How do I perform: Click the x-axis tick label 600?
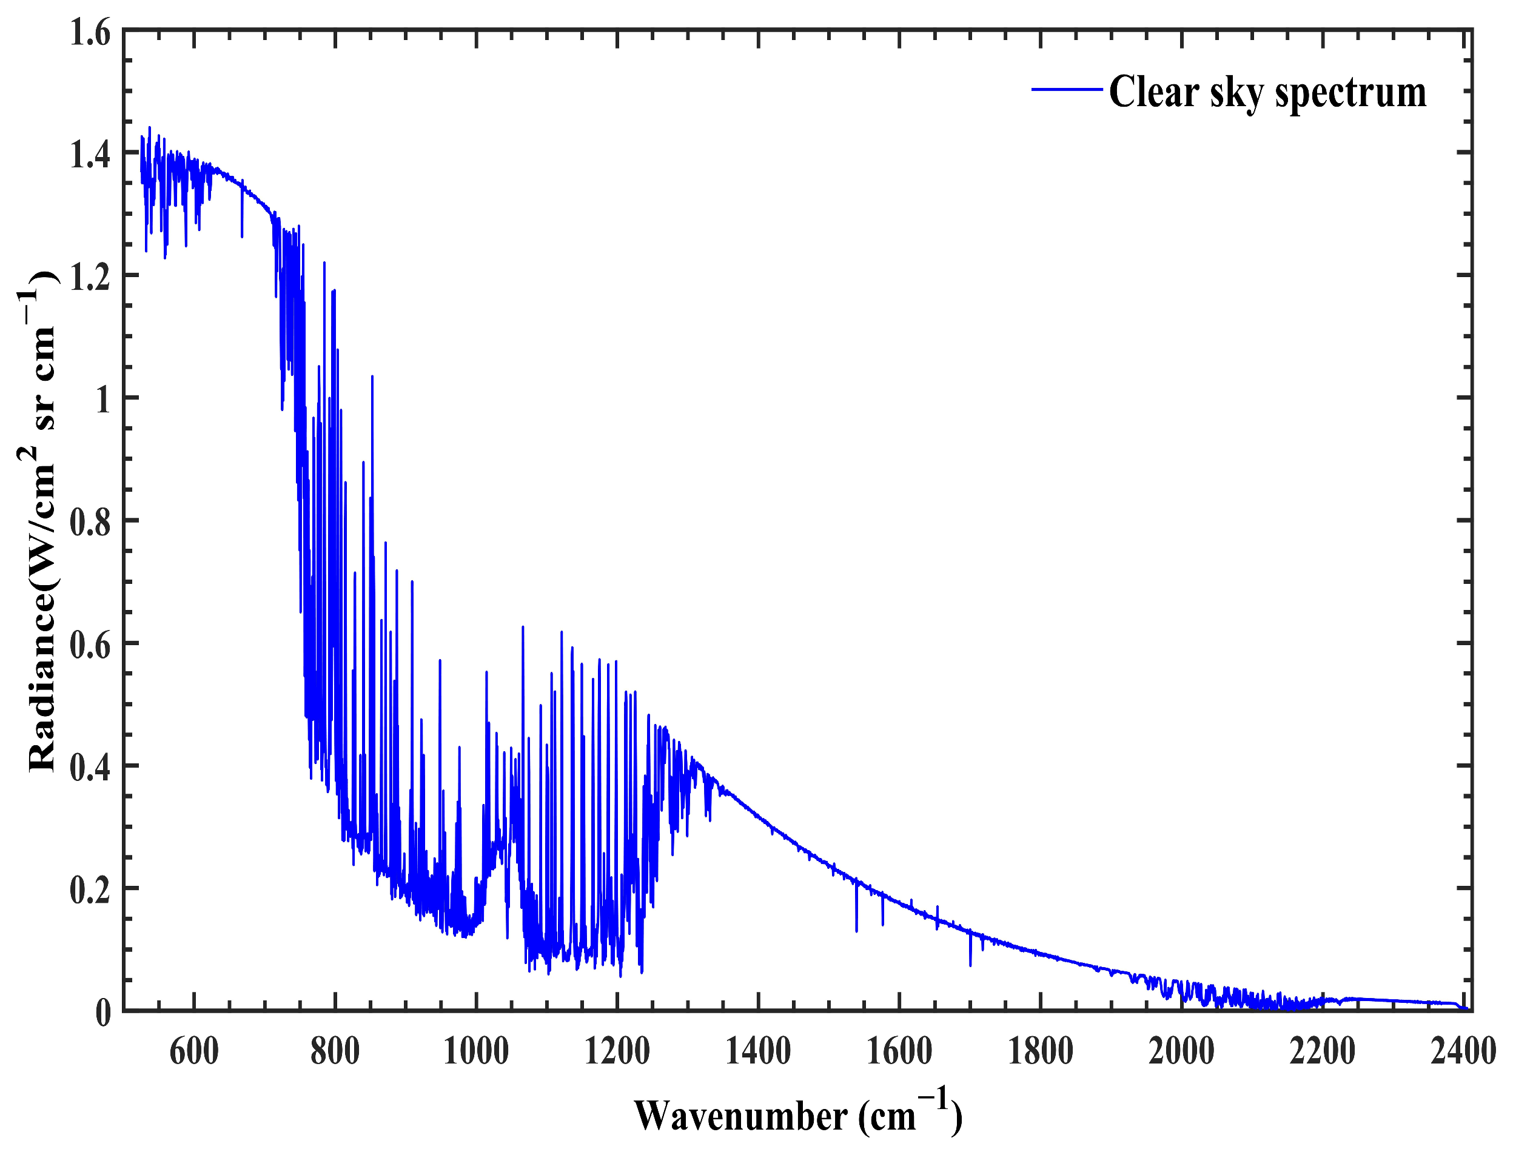193,1051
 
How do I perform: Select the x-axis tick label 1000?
476,1051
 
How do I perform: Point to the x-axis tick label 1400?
758,1051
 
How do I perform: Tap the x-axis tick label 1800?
1041,1051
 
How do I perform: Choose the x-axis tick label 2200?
1322,1051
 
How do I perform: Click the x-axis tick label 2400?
1463,1051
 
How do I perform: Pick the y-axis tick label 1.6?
90,33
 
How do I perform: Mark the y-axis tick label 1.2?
90,277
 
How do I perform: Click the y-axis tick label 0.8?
90,523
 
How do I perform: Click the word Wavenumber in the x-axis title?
741,1116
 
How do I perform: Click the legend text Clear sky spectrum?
1267,92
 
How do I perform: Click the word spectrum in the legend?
1351,93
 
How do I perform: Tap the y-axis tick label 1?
102,400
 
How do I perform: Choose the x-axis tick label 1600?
899,1051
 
